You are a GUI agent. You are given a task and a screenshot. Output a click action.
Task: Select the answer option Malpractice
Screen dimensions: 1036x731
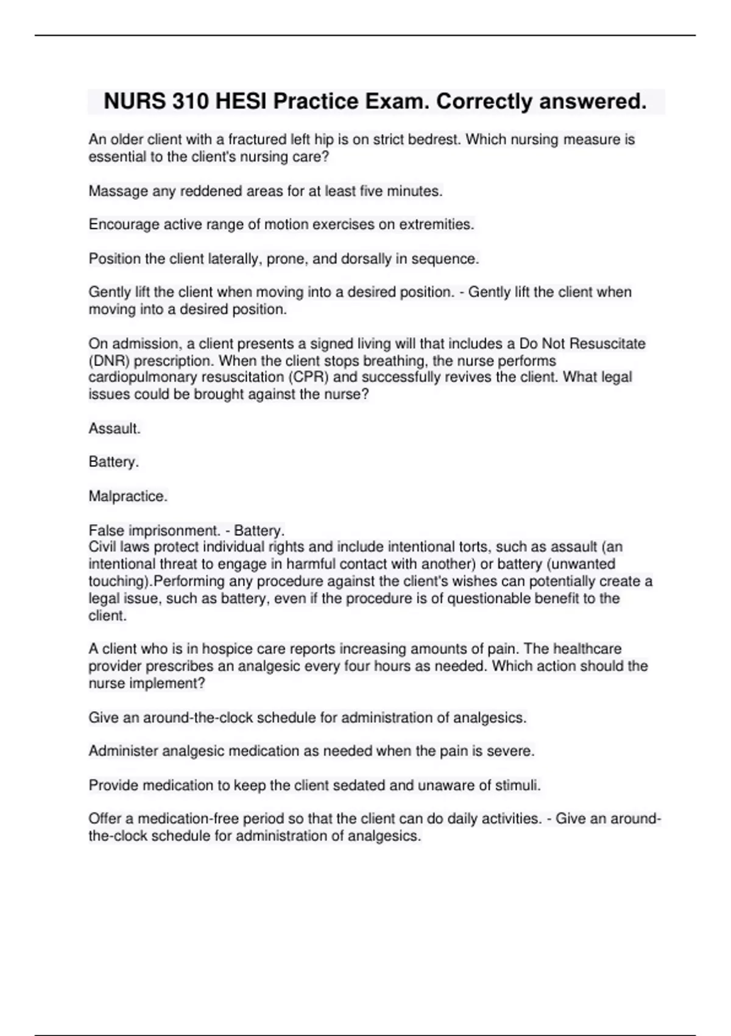pos(128,497)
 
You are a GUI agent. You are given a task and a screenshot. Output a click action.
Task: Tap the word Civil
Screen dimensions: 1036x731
pos(102,547)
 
